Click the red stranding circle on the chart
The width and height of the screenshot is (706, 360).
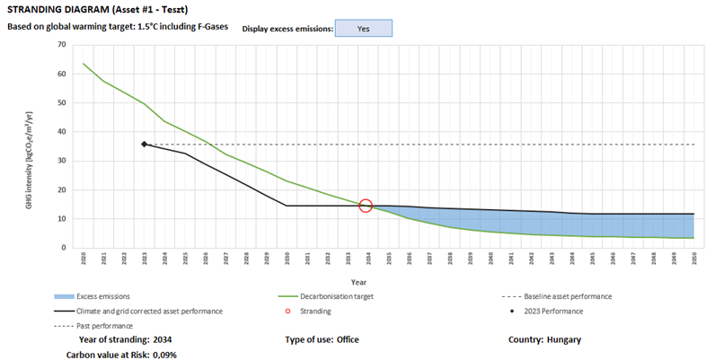(366, 206)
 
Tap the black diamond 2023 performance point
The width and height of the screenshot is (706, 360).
(144, 144)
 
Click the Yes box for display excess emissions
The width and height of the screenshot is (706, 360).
(363, 28)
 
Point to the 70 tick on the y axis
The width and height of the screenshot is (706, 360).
(61, 44)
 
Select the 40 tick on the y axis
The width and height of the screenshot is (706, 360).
(61, 131)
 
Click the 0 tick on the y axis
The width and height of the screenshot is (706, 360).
(64, 248)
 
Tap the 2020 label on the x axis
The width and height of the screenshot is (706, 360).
(83, 259)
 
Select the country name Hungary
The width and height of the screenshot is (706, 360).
(563, 339)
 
